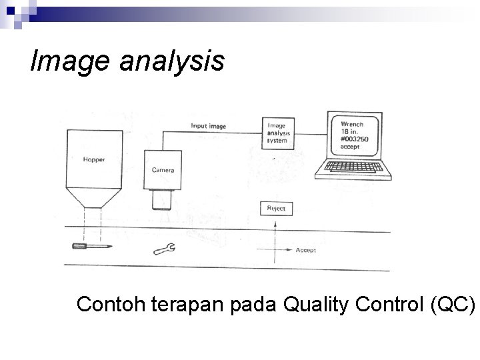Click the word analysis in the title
click(x=171, y=62)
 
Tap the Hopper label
click(x=94, y=160)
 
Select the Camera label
click(x=163, y=170)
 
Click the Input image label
click(x=209, y=125)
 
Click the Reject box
click(x=276, y=209)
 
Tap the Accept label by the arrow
click(x=306, y=250)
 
